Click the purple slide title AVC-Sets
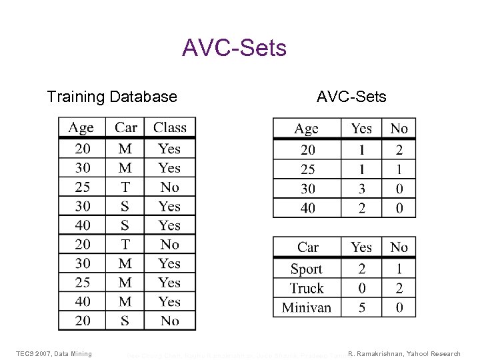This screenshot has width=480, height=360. pos(234,48)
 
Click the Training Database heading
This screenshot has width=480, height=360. pos(112,97)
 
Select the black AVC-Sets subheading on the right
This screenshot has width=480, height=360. pos(351,97)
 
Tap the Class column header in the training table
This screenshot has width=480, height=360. pos(170,127)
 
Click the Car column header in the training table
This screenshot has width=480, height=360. pos(126,127)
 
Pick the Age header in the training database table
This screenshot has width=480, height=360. pos(81,127)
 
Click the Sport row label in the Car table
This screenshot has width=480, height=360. pos(306,269)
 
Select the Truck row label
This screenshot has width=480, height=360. pos(306,289)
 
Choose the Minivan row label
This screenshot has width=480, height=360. pos(306,307)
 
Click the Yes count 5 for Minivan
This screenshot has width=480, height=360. pos(361,307)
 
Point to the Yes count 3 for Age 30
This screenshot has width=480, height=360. pos(361,189)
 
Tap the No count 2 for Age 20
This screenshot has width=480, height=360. pos(399,151)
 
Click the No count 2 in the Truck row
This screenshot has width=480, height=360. pos(399,289)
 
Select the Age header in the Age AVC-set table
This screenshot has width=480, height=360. pos(307,129)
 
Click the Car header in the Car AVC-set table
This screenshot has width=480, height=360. pos(307,247)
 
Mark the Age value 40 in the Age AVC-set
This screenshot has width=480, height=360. pos(307,209)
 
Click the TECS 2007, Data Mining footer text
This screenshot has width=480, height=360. pos(54,353)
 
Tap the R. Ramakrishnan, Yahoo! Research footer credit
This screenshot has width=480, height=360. pos(405,353)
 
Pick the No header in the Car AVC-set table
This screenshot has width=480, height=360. pos(399,247)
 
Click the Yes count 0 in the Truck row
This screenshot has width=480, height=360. pos(361,289)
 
